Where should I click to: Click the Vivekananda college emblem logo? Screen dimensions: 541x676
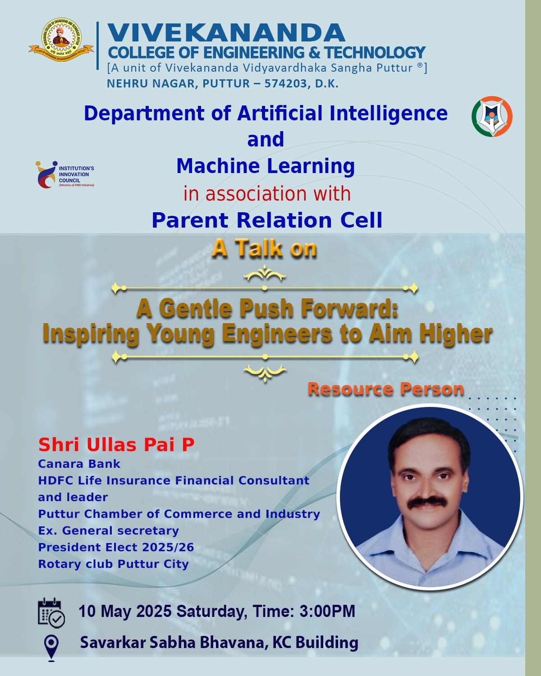61,40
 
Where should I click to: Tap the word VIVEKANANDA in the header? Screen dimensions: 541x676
226,32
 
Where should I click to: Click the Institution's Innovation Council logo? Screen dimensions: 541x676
65,175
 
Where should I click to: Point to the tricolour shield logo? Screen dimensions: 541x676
492,116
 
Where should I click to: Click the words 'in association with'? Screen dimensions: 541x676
267,193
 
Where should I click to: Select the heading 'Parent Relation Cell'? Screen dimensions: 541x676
267,220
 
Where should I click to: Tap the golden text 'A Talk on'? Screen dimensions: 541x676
264,248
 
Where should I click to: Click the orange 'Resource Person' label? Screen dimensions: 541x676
386,389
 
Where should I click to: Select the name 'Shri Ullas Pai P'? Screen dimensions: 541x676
116,444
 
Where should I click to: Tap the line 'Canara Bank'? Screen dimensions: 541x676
79,464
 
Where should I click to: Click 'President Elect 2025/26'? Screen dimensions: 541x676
116,547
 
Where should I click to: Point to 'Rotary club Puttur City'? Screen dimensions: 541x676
114,564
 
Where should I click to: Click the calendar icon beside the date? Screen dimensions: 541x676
51,613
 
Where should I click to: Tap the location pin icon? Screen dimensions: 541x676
51,648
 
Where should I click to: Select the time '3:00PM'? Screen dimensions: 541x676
327,611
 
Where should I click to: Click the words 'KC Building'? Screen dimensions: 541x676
315,642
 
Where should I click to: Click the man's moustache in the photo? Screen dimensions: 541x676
427,502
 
